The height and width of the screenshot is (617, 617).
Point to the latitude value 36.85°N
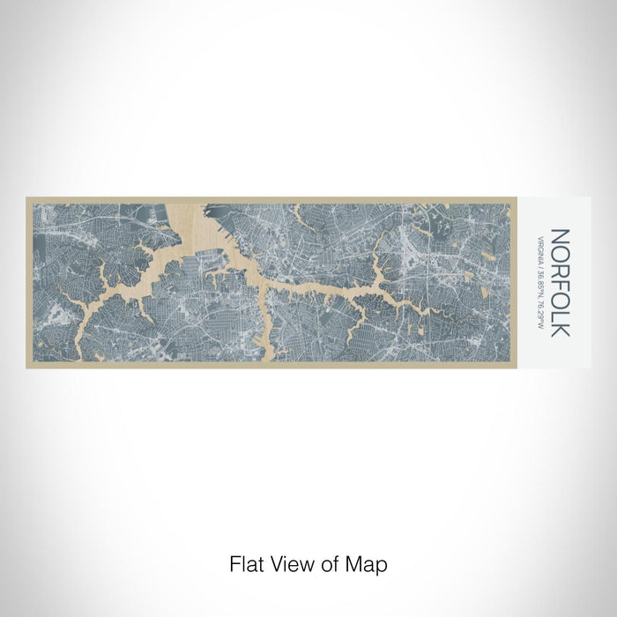click(539, 278)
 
